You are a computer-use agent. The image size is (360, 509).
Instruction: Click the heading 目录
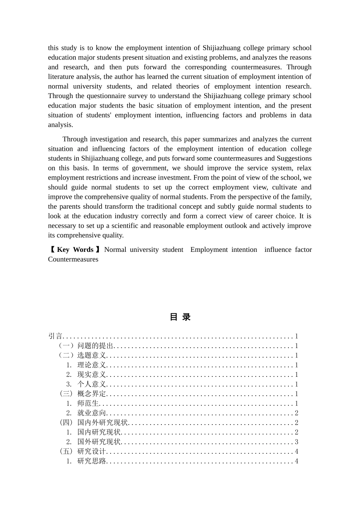tap(180, 317)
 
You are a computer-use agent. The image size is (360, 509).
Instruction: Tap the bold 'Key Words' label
tap(75, 250)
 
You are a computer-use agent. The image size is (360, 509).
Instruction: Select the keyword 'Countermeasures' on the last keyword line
tap(73, 259)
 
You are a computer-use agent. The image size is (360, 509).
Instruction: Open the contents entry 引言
tap(55, 336)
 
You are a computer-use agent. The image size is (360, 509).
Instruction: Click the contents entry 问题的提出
tap(95, 346)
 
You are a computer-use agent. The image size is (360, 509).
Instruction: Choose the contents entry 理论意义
tap(92, 365)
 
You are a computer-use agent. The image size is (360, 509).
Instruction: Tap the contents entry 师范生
tap(88, 403)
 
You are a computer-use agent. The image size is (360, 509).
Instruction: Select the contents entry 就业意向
tap(92, 413)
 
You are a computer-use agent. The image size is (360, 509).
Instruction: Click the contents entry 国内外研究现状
tap(102, 423)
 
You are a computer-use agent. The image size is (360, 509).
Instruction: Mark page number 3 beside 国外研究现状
tap(296, 442)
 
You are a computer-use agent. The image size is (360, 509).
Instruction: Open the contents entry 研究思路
tap(92, 461)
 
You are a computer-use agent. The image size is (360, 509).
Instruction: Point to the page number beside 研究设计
tap(296, 451)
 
